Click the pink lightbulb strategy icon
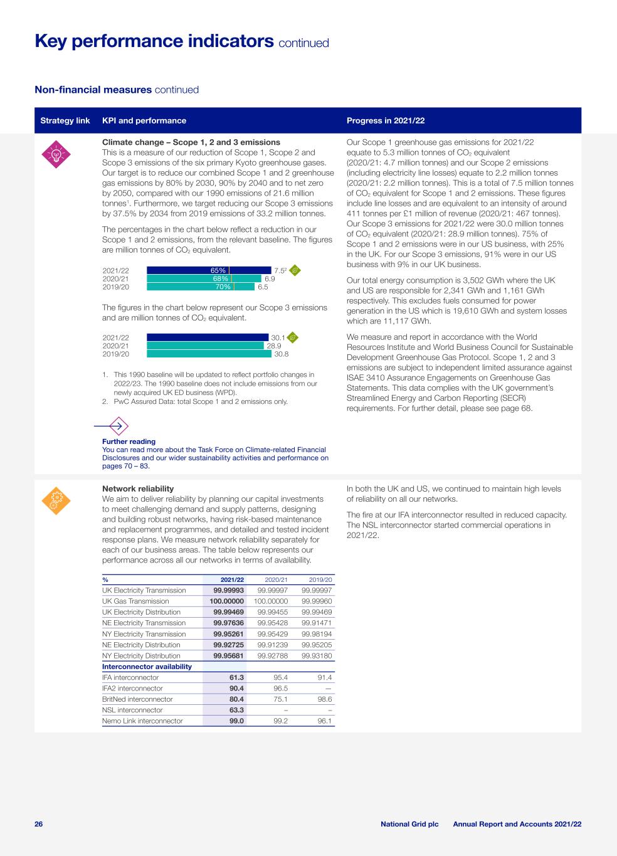56,154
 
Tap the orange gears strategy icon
56,500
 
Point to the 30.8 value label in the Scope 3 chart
281,354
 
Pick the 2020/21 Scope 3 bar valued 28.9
205,346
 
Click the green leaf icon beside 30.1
292,337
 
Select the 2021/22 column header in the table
231,579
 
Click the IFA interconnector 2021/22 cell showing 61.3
236,677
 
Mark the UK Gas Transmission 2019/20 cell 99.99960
317,601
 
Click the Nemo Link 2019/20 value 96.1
324,721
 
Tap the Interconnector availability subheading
147,666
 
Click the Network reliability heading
138,489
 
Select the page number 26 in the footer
38,823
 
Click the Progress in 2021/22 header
386,120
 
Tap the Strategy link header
65,120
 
